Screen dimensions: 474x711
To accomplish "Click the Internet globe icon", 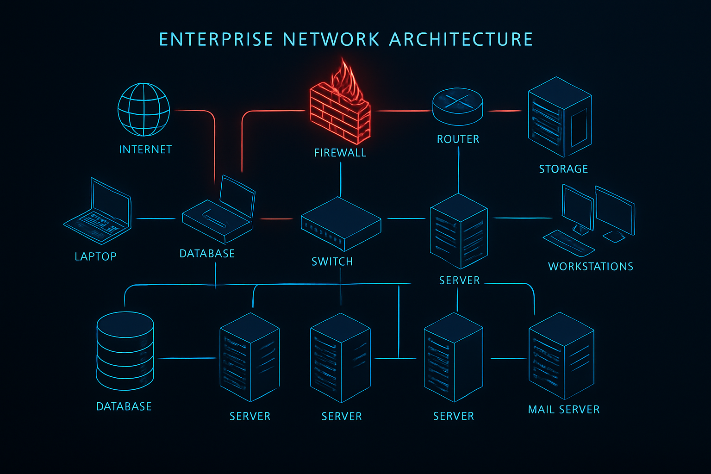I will click(143, 110).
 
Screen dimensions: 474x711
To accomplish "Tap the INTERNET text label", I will click(145, 150).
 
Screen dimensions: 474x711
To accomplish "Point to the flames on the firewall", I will click(345, 79).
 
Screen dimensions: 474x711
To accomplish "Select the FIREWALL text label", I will click(340, 153).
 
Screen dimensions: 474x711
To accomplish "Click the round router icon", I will click(457, 106).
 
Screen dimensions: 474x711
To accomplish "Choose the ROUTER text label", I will click(458, 139).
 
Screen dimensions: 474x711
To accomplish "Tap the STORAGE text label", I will click(563, 169).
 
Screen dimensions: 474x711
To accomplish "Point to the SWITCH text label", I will click(332, 262).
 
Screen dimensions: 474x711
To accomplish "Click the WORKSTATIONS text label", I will click(591, 267).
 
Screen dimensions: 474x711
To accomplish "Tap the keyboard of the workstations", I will click(568, 243).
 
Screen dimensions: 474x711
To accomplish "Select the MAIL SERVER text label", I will click(564, 410).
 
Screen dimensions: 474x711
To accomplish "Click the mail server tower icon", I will click(561, 355).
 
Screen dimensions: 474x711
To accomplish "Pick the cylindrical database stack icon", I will click(125, 351).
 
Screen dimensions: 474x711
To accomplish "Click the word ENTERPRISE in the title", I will click(216, 39).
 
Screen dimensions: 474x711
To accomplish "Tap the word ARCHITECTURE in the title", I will click(461, 39).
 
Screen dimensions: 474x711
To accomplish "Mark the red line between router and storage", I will click(505, 111).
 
